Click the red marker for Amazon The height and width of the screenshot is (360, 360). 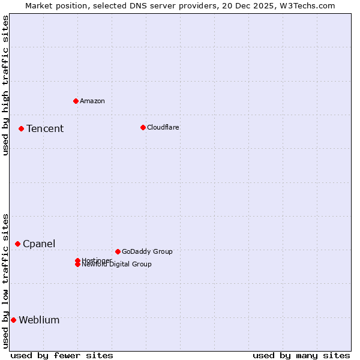tap(76, 101)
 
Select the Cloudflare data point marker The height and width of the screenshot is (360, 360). tap(143, 127)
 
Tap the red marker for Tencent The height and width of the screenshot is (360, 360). tap(21, 128)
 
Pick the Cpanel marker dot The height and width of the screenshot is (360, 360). tap(17, 244)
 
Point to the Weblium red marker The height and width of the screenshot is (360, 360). tap(13, 320)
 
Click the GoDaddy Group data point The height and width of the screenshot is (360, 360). tap(118, 251)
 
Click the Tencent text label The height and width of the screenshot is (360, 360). tap(45, 128)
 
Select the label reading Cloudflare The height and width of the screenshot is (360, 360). tap(163, 127)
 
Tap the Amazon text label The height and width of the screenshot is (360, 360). tap(92, 101)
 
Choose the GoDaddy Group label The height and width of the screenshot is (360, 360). tap(147, 251)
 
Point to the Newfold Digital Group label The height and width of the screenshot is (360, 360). tap(116, 265)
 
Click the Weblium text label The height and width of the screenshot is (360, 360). tap(39, 320)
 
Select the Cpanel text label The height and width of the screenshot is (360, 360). tap(39, 244)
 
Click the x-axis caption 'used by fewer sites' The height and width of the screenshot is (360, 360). tap(62, 355)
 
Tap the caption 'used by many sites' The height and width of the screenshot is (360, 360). tap(301, 355)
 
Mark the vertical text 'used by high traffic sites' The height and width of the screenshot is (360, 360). tap(5, 85)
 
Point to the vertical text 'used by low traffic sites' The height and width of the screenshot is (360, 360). tap(5, 281)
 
